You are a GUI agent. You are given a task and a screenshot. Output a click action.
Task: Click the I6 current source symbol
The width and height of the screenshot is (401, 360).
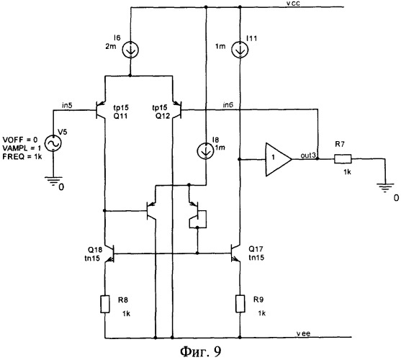coord(131,49)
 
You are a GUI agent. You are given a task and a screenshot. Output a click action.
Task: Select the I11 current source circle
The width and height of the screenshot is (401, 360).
coord(240,50)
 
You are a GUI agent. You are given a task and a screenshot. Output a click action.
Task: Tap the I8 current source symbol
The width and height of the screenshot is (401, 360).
coord(205,151)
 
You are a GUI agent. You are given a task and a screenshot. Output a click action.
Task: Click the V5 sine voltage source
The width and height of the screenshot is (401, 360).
coord(53,143)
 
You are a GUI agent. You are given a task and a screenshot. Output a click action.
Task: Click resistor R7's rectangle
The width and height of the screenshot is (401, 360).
coord(343,159)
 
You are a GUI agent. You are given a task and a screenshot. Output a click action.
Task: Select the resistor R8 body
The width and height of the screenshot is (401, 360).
coord(105,304)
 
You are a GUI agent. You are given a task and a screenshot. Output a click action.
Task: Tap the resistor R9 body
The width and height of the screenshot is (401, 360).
coord(240,304)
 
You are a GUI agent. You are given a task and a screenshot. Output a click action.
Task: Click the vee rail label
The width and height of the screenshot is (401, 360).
coord(303,333)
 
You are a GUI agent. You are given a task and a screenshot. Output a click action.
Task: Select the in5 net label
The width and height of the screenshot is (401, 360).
coord(67,105)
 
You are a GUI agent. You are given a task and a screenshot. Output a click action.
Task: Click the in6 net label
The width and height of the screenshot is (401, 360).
coord(228,104)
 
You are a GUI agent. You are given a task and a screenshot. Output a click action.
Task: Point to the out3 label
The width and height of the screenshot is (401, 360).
coord(309,156)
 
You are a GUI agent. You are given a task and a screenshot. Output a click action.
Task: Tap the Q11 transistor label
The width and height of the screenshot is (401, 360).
coord(120,116)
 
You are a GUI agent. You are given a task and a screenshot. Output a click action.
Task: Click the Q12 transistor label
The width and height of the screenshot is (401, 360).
coord(163,116)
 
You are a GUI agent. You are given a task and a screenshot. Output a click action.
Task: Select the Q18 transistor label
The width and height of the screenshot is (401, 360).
coord(95,250)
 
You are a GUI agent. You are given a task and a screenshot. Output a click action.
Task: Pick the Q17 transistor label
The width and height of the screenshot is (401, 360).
coord(256,249)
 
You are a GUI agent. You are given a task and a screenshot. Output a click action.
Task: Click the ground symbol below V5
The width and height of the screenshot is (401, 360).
coord(53,181)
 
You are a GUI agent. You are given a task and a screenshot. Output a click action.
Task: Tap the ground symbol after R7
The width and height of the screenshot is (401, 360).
coord(385,188)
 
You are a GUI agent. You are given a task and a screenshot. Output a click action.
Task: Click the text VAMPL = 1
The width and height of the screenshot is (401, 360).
coord(22,148)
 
